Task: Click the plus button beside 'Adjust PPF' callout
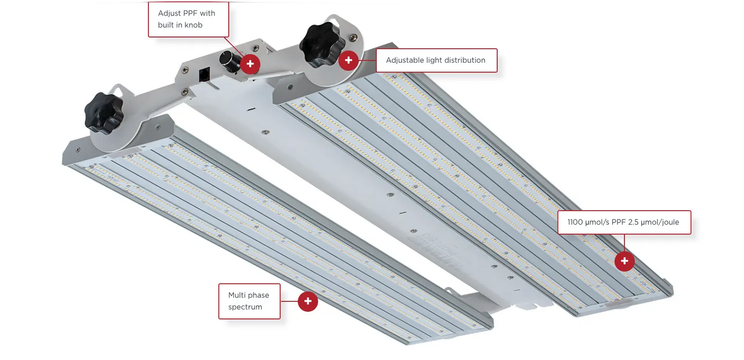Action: [250, 64]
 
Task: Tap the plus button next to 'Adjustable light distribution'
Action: [349, 60]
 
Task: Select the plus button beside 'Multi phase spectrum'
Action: [308, 301]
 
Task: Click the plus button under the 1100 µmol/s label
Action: [625, 261]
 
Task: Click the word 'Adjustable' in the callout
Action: [405, 60]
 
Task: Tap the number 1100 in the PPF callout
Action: [576, 222]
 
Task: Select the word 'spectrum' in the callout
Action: [245, 307]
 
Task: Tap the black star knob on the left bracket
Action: [103, 113]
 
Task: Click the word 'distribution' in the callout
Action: [465, 60]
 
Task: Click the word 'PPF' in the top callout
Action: [193, 13]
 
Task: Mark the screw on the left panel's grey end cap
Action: [78, 150]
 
